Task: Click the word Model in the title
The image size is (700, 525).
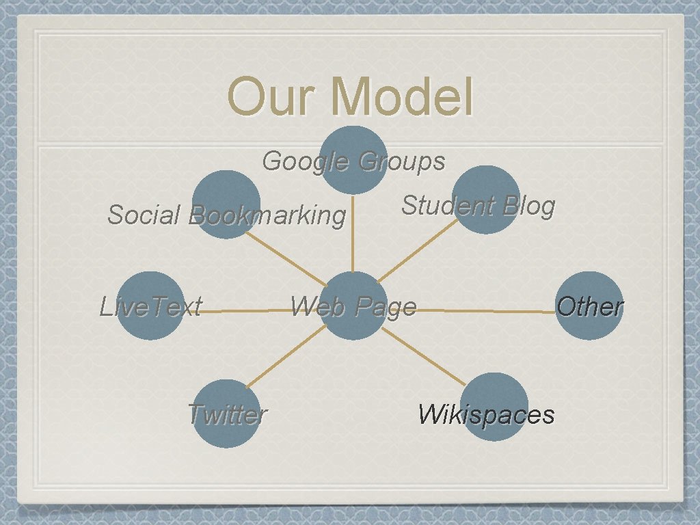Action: point(402,97)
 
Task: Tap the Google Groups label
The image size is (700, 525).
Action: point(353,161)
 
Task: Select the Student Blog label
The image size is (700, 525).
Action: point(478,205)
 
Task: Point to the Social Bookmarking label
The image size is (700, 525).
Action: point(226,215)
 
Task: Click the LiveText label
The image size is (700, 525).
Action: point(150,306)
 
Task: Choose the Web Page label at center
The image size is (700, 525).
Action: point(353,307)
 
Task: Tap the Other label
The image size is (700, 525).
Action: point(589,306)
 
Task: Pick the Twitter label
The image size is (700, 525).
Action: point(226,414)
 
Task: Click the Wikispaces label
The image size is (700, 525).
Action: point(486,414)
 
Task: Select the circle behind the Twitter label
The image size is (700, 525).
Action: point(226,434)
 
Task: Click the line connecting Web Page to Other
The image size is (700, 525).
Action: point(485,311)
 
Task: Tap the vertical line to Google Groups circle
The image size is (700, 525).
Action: point(353,232)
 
